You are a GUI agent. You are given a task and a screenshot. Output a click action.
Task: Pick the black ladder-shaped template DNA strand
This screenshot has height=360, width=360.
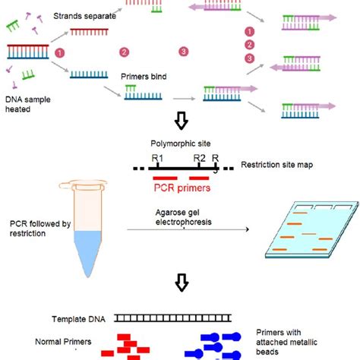click(x=174, y=321)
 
